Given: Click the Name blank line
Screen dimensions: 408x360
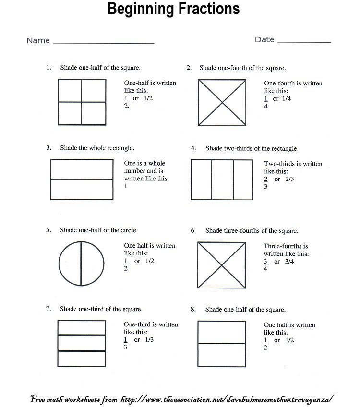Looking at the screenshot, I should coord(103,43).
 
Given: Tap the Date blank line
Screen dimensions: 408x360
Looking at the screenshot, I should coord(304,42).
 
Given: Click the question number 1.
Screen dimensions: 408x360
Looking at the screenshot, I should coord(48,68).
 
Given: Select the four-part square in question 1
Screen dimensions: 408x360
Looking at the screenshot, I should coord(82,102).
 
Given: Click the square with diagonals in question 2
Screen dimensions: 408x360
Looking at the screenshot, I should coord(222,102).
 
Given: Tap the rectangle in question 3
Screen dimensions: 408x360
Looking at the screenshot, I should coord(82,179).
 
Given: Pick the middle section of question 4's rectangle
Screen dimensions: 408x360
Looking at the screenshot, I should coord(222,179).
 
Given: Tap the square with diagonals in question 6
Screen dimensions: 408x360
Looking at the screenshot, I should coord(222,264).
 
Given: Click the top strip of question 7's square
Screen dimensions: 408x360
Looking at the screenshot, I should coord(82,327).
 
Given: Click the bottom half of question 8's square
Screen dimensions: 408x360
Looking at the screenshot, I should coord(222,354).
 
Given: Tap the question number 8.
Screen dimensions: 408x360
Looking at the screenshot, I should coord(193,310).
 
